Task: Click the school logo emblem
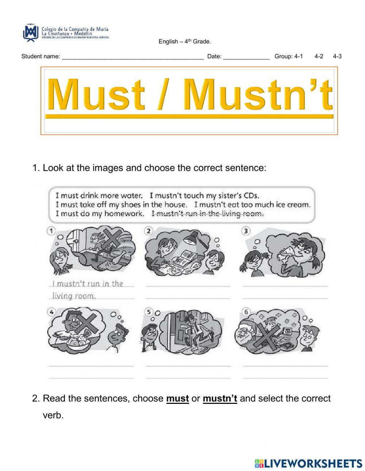click(x=31, y=32)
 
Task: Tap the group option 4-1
click(x=298, y=57)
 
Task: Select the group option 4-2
click(x=319, y=57)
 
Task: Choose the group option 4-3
click(x=337, y=57)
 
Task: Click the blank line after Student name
click(x=132, y=57)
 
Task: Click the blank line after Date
click(x=246, y=57)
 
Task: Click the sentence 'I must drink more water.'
click(x=99, y=196)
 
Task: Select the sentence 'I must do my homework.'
click(x=100, y=214)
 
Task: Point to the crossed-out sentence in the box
click(x=207, y=214)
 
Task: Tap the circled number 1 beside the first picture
click(x=51, y=231)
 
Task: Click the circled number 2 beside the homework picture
click(x=149, y=231)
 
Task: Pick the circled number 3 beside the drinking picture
click(x=246, y=231)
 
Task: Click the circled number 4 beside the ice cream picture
click(x=51, y=312)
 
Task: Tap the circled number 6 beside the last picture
click(x=246, y=312)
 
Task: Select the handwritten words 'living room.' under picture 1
click(x=74, y=296)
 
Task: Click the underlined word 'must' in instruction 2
click(x=177, y=399)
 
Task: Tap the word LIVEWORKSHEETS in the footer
click(x=313, y=463)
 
